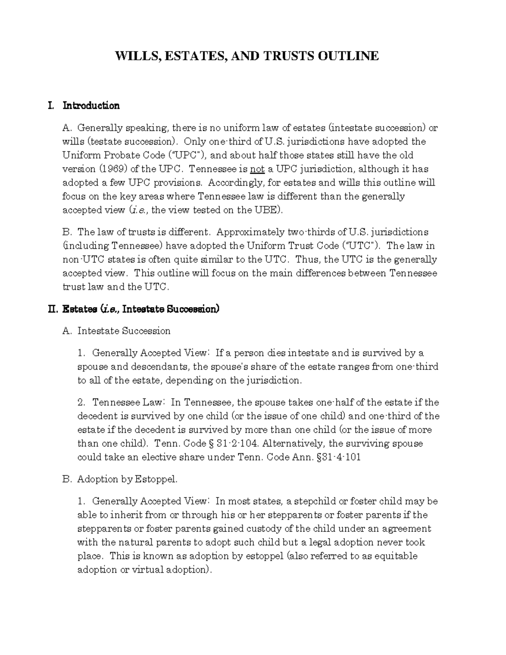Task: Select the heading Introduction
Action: pyautogui.click(x=91, y=105)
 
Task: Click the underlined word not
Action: pyautogui.click(x=257, y=169)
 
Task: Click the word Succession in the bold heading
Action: pyautogui.click(x=192, y=309)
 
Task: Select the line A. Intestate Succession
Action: pyautogui.click(x=116, y=331)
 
